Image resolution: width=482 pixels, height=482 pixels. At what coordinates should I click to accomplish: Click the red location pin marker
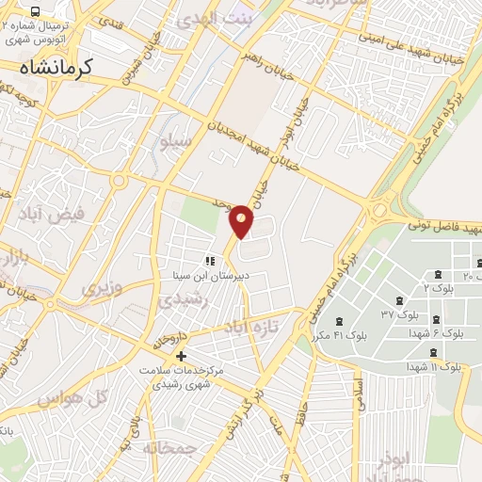pyautogui.click(x=242, y=220)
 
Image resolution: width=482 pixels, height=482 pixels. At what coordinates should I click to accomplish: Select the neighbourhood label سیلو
pyautogui.click(x=176, y=141)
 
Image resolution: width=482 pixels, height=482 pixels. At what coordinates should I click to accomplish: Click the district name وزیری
pyautogui.click(x=101, y=287)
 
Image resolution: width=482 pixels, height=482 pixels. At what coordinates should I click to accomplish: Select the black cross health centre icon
pyautogui.click(x=182, y=356)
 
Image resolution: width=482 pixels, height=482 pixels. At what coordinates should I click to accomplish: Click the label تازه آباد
pyautogui.click(x=245, y=327)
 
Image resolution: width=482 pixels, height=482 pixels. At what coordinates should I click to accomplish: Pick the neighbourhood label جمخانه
pyautogui.click(x=170, y=447)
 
